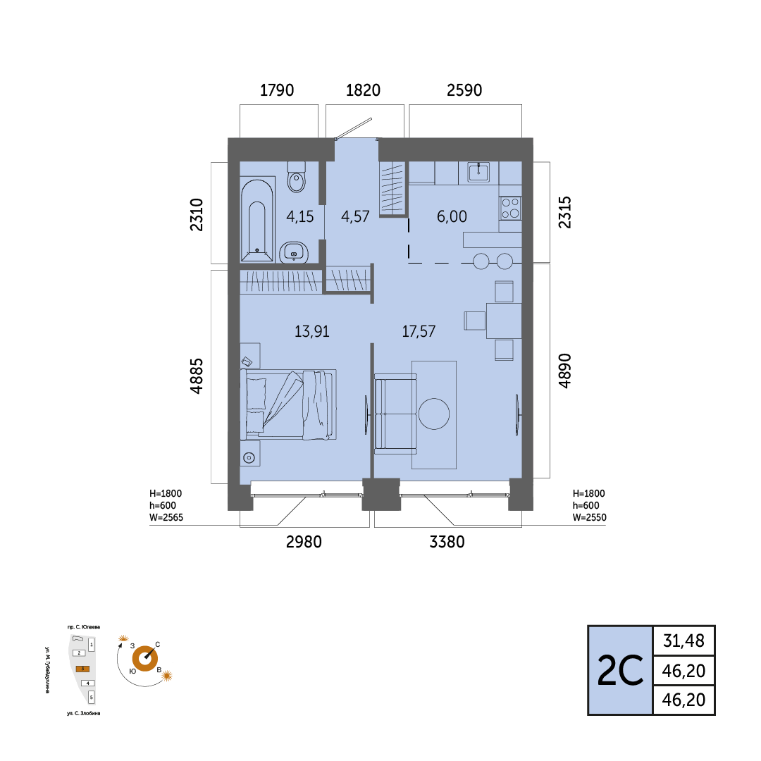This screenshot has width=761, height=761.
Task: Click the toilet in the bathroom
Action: click(x=296, y=177)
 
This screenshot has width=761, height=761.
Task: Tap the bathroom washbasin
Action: click(x=294, y=252)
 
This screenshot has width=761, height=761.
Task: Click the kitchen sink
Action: click(x=478, y=171)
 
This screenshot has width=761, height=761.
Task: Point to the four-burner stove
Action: click(x=511, y=208)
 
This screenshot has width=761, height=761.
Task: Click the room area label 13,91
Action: click(x=311, y=331)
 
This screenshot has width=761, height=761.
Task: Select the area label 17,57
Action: click(x=419, y=331)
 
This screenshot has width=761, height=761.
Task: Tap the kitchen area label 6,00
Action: click(x=452, y=216)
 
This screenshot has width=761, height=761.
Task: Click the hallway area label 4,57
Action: click(x=355, y=216)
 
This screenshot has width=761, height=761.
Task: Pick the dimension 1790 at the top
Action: click(x=277, y=90)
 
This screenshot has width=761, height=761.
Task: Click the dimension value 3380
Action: click(x=447, y=542)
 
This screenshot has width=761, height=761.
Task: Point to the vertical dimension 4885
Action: click(x=197, y=376)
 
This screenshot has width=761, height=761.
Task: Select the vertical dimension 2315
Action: click(x=565, y=213)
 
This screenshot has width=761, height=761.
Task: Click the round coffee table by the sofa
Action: click(x=434, y=414)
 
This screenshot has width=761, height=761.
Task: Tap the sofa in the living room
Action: click(x=395, y=414)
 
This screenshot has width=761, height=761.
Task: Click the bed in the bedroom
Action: click(x=288, y=404)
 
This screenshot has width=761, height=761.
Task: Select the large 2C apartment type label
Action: click(x=620, y=670)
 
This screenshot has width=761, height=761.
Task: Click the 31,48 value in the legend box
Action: click(x=683, y=641)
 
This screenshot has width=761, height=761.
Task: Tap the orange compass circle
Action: click(x=144, y=659)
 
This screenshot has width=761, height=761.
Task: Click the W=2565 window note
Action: click(x=166, y=517)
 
